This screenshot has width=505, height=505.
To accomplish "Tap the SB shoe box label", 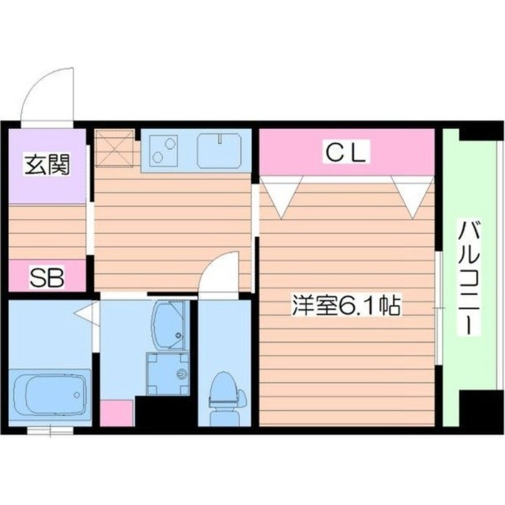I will pyautogui.click(x=47, y=277).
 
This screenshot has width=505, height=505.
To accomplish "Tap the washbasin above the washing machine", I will pyautogui.click(x=169, y=324).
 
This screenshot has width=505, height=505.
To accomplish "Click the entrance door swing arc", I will pyautogui.click(x=46, y=95).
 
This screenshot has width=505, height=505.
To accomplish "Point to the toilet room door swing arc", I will pyautogui.click(x=218, y=274).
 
